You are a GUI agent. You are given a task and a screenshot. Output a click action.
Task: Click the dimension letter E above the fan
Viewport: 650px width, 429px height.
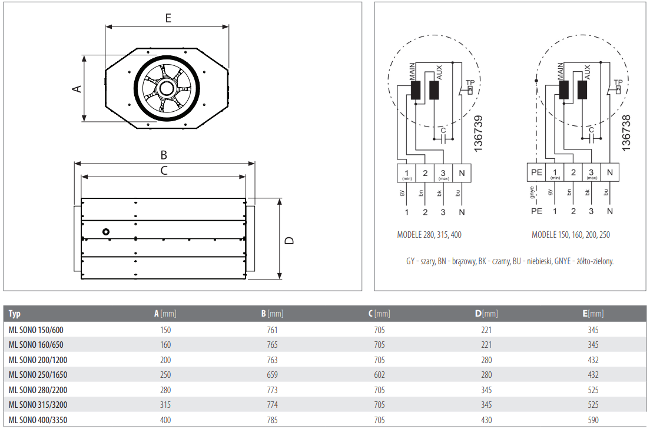[x=168, y=18]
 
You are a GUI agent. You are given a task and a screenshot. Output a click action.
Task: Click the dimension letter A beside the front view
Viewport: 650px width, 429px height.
[x=76, y=88]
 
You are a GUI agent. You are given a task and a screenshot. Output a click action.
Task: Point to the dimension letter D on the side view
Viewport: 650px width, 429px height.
[x=289, y=240]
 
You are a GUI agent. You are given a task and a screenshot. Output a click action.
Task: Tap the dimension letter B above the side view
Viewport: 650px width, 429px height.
[x=164, y=155]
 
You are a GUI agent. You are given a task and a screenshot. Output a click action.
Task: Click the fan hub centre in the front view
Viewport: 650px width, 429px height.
[x=165, y=89]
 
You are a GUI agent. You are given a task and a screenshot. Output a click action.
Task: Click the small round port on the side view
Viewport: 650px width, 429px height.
[x=106, y=231]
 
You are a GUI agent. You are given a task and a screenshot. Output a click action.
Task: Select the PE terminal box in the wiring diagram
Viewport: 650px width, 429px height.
[x=536, y=173]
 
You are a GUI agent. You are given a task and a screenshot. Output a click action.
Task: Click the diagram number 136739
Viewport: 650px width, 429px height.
[x=478, y=134]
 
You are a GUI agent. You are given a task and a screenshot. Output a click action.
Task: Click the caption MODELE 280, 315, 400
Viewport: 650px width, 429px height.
[x=429, y=235]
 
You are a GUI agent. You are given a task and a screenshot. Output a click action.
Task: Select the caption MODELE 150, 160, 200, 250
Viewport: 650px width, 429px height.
[x=571, y=235]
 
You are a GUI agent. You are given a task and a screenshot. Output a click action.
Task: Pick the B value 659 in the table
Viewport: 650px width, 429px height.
[x=272, y=374]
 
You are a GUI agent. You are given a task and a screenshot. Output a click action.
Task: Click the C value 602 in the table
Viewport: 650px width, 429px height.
[x=379, y=374]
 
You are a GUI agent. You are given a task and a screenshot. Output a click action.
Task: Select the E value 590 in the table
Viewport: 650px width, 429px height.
[x=593, y=420]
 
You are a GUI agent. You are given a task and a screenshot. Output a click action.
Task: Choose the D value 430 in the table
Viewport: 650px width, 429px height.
[x=486, y=420]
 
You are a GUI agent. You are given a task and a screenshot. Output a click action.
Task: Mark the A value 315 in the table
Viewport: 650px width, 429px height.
[x=165, y=404]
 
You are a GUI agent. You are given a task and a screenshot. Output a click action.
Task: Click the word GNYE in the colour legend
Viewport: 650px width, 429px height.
[x=563, y=261]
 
